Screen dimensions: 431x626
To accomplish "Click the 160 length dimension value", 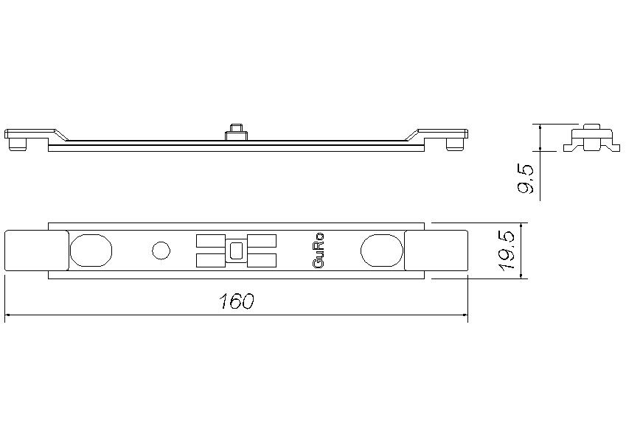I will click(237, 301).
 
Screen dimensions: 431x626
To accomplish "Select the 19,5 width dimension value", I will click(507, 250).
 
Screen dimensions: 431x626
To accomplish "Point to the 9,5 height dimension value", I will click(525, 178).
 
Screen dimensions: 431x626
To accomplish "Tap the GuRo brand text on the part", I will click(319, 250).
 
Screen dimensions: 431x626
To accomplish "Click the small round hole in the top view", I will click(160, 250).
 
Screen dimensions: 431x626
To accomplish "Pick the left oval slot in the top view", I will click(91, 250).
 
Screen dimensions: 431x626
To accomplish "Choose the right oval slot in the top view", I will click(381, 250).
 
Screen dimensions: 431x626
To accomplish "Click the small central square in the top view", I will click(236, 250).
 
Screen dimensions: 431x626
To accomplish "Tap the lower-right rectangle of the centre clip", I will click(263, 260).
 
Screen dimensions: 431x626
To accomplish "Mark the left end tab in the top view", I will click(35, 250).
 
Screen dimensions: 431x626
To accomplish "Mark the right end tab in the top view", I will click(437, 250).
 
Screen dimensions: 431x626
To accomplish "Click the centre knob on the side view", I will click(236, 130).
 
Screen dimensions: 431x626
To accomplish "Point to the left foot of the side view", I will click(18, 144).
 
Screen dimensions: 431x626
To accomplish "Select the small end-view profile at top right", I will click(590, 139).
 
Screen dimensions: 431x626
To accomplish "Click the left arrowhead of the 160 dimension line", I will click(8, 315).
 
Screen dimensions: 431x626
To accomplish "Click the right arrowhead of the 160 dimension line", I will click(465, 315).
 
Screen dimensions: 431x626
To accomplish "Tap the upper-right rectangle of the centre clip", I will click(263, 240).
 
